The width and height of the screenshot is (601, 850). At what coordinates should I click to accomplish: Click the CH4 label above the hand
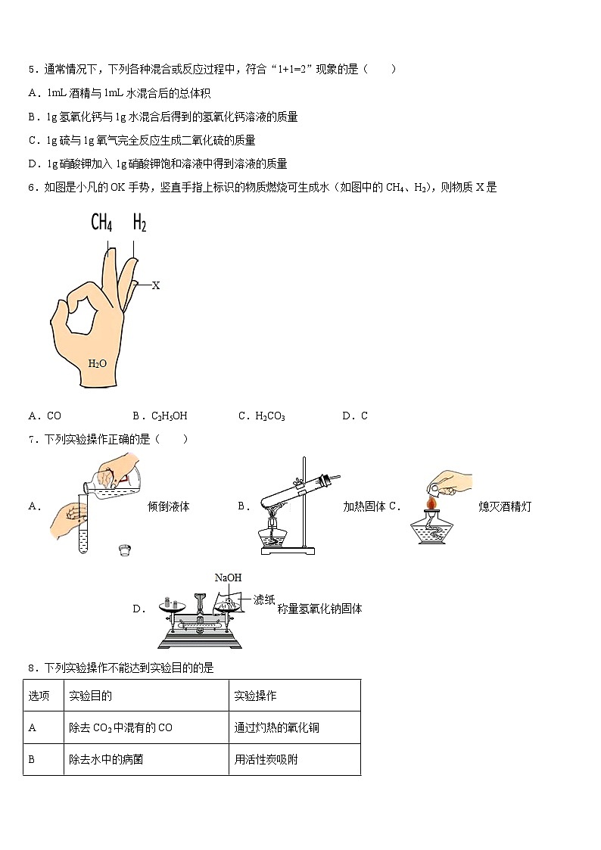[101, 222]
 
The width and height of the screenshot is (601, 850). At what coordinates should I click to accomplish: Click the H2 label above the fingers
[139, 222]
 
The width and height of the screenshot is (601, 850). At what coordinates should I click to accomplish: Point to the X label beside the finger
[156, 285]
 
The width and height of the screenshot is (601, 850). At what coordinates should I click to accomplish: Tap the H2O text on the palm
[98, 363]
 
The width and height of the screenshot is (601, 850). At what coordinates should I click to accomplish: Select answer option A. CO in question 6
[45, 416]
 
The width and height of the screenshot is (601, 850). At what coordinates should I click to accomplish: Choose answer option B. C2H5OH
[159, 416]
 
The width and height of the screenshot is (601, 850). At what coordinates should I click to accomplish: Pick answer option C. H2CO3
[261, 416]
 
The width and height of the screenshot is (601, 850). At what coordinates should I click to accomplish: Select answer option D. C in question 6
[355, 416]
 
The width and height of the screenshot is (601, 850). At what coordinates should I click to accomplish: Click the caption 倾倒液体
[168, 506]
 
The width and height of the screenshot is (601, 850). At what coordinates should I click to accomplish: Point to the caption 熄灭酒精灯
[505, 506]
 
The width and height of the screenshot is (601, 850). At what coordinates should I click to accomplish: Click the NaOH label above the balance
[228, 578]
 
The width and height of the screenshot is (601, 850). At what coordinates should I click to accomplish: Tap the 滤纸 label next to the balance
[264, 599]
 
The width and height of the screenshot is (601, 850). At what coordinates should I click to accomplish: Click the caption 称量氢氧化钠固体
[319, 609]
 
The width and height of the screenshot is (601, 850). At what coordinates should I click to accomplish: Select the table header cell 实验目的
[90, 696]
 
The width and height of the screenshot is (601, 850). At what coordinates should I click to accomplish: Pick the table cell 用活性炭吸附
[266, 759]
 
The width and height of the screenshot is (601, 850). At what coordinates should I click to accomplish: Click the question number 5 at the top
[32, 69]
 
